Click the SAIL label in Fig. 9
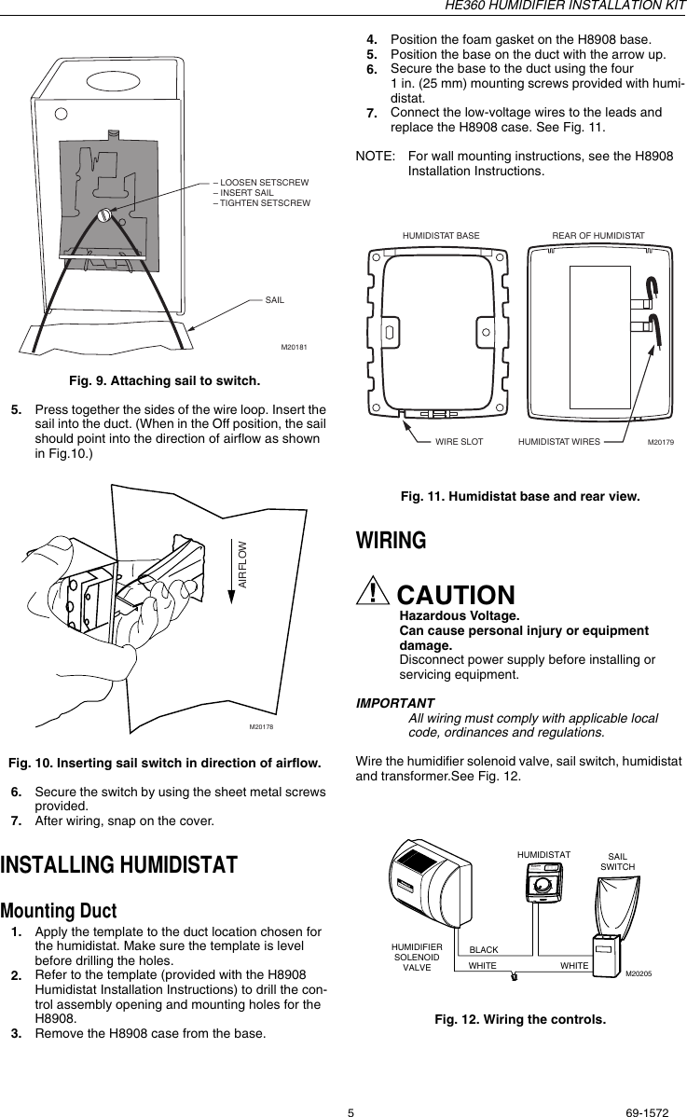coord(274,299)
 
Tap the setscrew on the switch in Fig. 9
coord(106,215)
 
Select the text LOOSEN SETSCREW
coord(264,183)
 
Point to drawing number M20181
coord(295,348)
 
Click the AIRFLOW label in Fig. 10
coord(242,563)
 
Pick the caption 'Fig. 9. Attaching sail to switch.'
coord(164,380)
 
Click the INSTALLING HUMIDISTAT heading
coord(119,864)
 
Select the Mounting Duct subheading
coord(59,910)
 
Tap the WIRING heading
coord(392,541)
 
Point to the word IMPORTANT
coord(395,703)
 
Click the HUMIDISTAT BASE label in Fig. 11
coord(441,236)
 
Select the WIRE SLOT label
coord(460,442)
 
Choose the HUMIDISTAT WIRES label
coord(558,442)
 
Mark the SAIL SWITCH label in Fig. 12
coord(617,861)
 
